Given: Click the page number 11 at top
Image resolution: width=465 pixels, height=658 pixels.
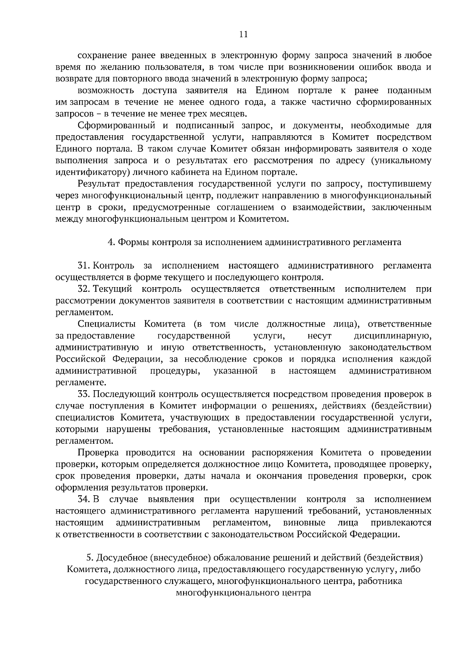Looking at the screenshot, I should tap(243, 34).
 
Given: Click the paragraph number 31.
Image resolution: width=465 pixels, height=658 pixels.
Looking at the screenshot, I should tap(84, 266).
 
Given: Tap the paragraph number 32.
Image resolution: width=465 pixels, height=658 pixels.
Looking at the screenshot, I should tap(84, 289).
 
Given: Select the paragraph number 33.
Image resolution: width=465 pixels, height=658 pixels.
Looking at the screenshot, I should tap(84, 394).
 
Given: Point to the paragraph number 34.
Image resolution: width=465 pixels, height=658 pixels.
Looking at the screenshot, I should tap(84, 499).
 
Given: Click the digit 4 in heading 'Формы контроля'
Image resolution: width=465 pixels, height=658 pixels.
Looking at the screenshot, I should tap(110, 243).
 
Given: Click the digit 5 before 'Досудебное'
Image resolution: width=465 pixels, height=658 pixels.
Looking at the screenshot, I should tap(89, 558).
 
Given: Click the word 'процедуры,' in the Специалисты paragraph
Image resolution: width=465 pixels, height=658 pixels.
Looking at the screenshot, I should tap(175, 371).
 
